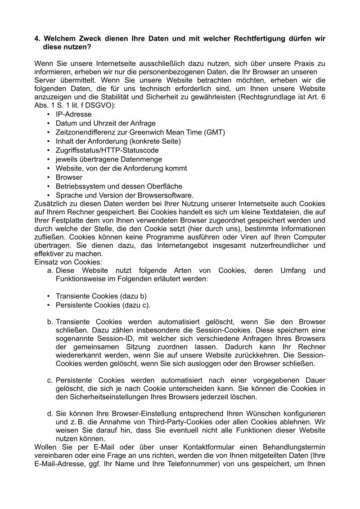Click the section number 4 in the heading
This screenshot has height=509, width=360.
tap(37, 39)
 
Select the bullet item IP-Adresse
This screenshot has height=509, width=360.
tap(73, 115)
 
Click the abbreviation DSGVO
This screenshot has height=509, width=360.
tap(90, 106)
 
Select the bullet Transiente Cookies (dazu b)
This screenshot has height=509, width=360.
tap(101, 296)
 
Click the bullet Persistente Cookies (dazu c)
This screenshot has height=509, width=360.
tap(103, 305)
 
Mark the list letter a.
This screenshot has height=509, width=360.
tap(49, 270)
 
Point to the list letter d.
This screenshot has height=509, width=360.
tap(49, 412)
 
